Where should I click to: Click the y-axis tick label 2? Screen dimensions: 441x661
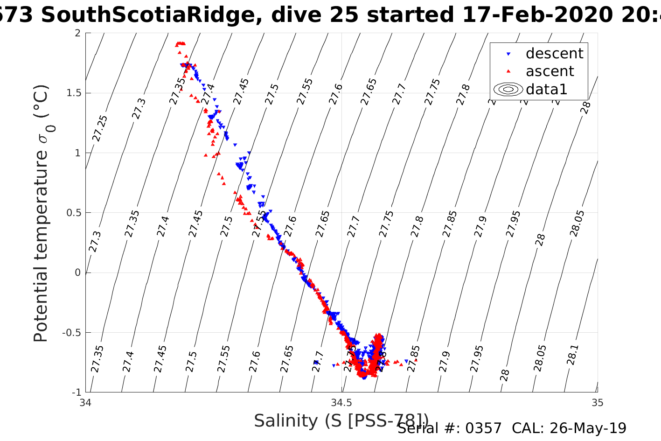77,33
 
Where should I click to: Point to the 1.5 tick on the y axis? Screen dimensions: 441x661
74,93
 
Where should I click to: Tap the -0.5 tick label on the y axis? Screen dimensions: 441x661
72,333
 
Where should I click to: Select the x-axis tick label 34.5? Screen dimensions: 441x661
341,403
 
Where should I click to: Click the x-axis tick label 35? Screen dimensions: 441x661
597,403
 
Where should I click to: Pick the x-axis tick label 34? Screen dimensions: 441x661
86,403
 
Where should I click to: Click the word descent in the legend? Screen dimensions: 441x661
554,54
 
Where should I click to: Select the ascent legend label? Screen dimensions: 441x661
550,71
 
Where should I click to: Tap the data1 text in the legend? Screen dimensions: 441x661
546,89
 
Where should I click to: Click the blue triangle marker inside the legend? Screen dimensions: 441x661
508,54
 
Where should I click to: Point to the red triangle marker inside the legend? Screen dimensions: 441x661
508,71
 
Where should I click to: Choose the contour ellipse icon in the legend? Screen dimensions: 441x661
508,89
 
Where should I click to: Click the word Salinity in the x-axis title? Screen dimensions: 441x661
285,421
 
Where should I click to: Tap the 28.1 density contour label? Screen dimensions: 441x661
572,355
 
